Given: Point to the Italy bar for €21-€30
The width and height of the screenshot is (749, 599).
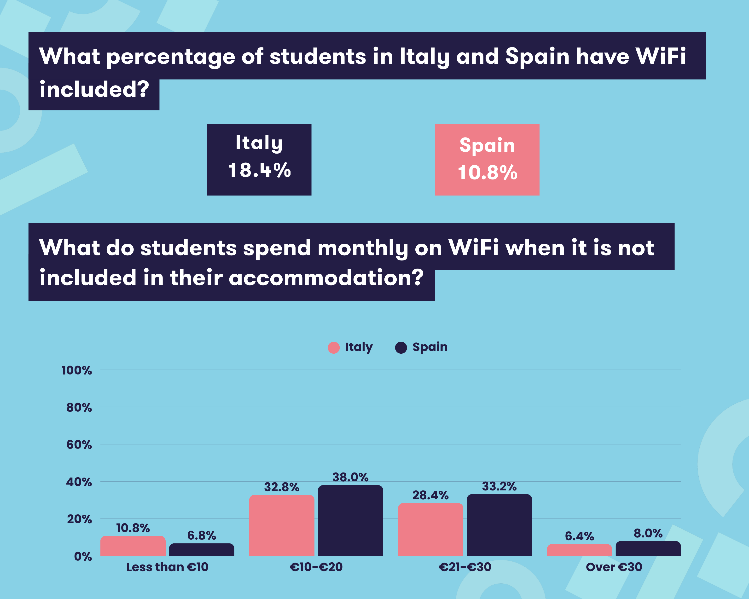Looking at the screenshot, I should [x=430, y=530].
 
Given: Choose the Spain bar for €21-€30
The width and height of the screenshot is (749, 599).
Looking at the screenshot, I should [x=499, y=525].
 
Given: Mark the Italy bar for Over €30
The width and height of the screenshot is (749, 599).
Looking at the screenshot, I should [x=579, y=550].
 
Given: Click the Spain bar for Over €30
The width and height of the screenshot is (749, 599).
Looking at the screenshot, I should [x=648, y=549].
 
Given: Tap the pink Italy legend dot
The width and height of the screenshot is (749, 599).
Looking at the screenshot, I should [x=333, y=348].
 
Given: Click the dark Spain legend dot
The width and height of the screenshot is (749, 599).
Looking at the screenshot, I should [x=401, y=348].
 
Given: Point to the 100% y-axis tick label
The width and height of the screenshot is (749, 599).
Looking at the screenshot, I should [x=77, y=370].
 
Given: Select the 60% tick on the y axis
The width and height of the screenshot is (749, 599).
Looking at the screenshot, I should [x=79, y=445].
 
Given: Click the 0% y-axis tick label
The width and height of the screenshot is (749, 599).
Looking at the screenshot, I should [x=83, y=557].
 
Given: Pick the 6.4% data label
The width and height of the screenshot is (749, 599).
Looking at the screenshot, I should [x=579, y=536].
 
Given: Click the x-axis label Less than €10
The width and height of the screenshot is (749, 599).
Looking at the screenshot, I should [x=167, y=567].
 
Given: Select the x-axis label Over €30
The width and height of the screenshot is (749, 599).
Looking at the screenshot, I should [x=614, y=567].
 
